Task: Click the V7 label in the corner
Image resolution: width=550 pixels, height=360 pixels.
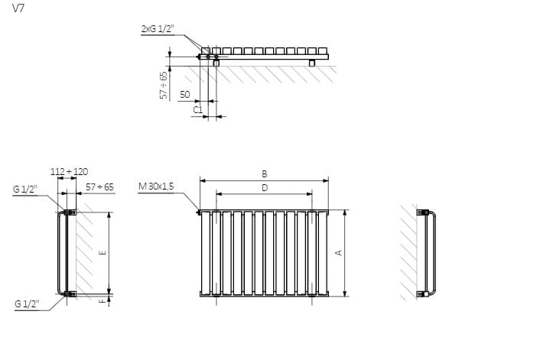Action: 18,8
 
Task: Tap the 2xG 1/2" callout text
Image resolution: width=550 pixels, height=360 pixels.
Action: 158,29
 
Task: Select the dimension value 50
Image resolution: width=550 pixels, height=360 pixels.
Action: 185,94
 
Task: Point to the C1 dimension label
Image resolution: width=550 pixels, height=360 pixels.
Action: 198,110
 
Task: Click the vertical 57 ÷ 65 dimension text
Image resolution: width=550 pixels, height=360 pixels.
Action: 164,85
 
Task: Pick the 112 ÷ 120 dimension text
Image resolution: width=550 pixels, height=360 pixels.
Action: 69,172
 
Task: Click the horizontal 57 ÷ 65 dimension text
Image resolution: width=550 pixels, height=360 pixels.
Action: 99,187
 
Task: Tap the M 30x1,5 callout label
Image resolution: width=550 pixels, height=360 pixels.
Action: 156,186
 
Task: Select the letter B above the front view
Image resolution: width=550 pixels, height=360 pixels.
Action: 265,174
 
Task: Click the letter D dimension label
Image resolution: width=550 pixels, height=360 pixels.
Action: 265,188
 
